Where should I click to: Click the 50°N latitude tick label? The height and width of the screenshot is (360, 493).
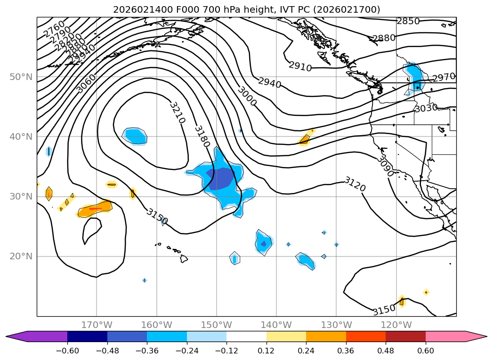point(21,77)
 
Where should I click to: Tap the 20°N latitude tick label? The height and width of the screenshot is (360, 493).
point(21,256)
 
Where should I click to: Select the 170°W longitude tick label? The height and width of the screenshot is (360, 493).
point(97,325)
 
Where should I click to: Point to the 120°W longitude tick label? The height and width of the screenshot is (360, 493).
point(396,325)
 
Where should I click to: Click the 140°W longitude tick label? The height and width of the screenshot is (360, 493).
point(276,325)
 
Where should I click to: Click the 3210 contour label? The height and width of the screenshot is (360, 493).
point(177,112)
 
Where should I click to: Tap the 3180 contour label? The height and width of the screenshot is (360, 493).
point(202,136)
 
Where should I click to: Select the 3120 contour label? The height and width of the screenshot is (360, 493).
point(355,184)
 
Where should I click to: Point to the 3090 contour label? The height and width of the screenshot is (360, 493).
point(385,167)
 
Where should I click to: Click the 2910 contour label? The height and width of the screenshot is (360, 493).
point(300,67)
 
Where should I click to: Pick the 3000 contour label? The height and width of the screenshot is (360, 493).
point(247,96)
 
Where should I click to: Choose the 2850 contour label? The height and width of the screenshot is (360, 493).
point(408,21)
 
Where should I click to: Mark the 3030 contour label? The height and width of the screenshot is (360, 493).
point(426,109)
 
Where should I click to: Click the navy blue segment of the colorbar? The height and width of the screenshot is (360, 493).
point(87,336)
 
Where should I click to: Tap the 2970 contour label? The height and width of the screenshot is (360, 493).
point(444,77)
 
